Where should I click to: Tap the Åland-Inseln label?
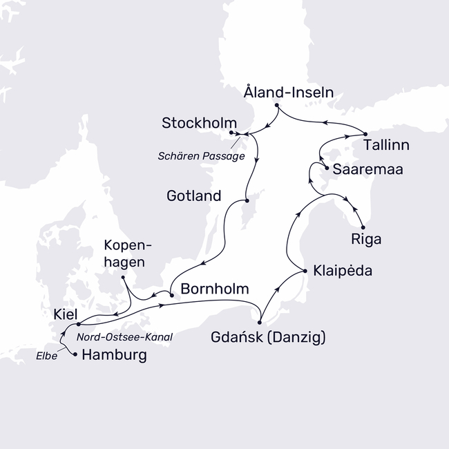coord(289,91)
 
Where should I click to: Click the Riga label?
coord(366,240)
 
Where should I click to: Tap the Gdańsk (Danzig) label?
coord(268,338)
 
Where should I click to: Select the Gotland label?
coord(194,196)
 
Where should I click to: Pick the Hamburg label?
coord(114,356)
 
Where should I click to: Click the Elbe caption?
coord(48,357)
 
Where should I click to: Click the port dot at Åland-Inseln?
coord(276,106)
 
